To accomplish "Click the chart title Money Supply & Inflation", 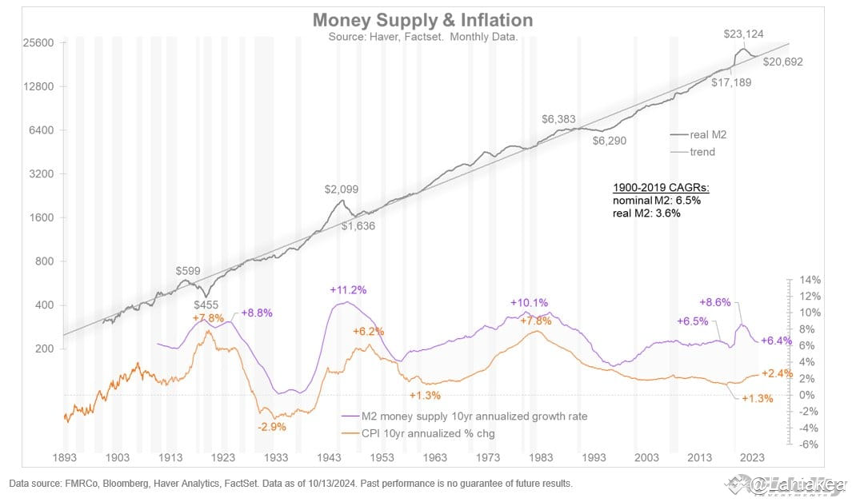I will [x=422, y=20].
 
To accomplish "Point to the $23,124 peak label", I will [x=743, y=34].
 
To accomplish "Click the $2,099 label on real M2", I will [x=342, y=189].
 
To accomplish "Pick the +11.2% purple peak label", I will [x=349, y=289].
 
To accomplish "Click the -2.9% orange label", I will [x=273, y=427].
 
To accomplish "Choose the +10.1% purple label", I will [x=529, y=302].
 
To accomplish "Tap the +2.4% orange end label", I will [x=778, y=373].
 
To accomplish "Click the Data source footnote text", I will [x=290, y=484].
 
